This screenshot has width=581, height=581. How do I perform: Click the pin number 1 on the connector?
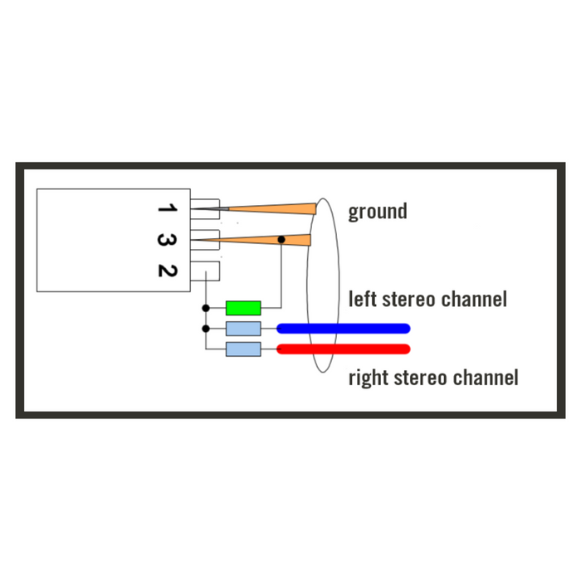pyautogui.click(x=167, y=207)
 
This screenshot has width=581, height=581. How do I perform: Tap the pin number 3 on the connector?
pyautogui.click(x=167, y=240)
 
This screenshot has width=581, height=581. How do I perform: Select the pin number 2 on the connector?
pyautogui.click(x=167, y=270)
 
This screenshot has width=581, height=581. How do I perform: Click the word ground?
pyautogui.click(x=378, y=212)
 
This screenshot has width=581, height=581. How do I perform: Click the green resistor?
pyautogui.click(x=243, y=308)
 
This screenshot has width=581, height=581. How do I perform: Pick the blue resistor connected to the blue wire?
pyautogui.click(x=243, y=329)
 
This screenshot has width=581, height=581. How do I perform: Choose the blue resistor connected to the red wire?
pyautogui.click(x=243, y=349)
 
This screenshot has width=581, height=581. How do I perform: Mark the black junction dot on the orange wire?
pyautogui.click(x=281, y=240)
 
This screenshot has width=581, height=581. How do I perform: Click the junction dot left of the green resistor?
pyautogui.click(x=206, y=308)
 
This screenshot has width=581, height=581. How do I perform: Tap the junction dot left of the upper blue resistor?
pyautogui.click(x=206, y=329)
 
